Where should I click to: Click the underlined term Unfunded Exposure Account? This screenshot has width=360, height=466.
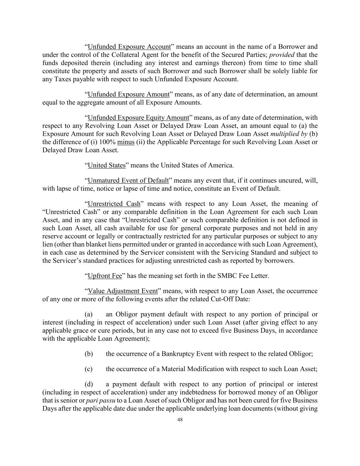[129, 46]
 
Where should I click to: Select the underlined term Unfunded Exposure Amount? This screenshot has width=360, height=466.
[129, 94]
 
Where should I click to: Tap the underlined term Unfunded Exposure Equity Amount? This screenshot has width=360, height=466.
[139, 118]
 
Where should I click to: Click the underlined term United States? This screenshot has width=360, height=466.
[107, 165]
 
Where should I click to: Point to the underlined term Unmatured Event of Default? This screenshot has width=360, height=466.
[128, 180]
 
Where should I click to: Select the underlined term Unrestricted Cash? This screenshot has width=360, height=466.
[114, 204]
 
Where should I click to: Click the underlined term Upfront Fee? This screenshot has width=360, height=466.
[105, 276]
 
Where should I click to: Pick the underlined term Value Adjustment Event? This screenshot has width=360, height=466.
[123, 291]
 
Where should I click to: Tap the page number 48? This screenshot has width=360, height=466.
[180, 420]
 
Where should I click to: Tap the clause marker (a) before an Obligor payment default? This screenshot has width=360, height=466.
[88, 314]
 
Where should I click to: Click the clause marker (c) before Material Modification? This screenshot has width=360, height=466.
[88, 369]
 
